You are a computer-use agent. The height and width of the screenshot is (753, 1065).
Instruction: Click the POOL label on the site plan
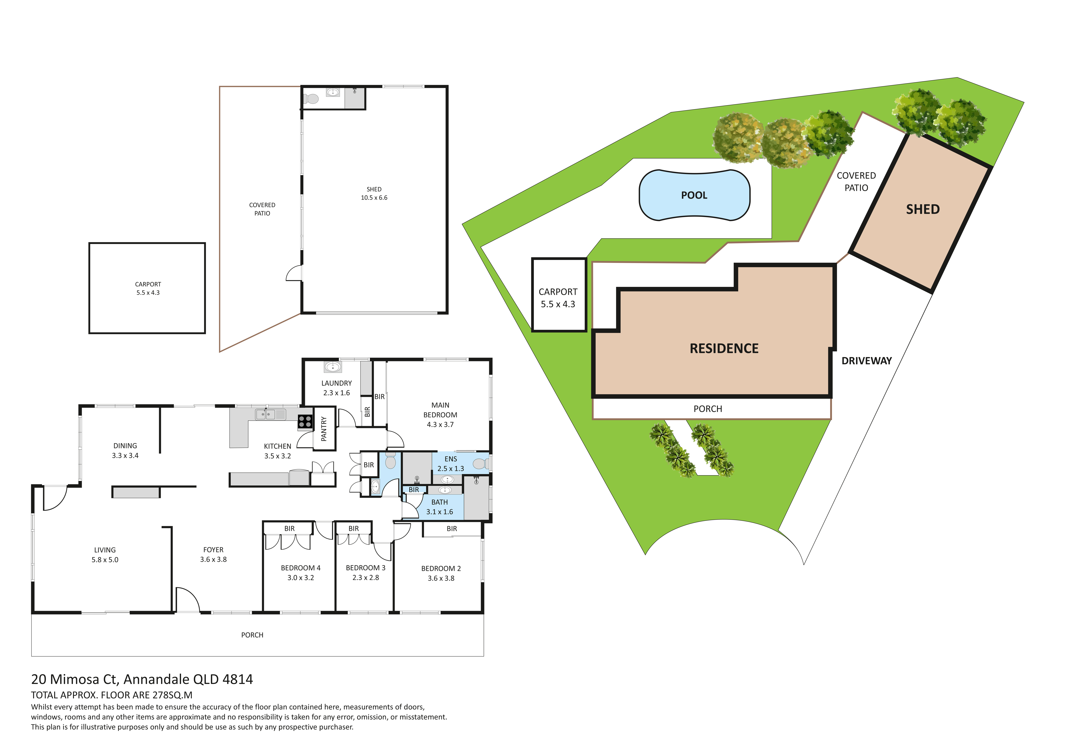point(694,195)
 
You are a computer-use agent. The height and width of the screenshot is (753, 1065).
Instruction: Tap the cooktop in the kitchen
point(305,421)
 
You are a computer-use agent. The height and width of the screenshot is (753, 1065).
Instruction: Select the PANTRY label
point(324,429)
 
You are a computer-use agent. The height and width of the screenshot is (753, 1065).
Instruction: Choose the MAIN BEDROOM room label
point(440,410)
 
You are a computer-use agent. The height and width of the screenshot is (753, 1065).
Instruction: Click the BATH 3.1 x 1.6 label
point(439,507)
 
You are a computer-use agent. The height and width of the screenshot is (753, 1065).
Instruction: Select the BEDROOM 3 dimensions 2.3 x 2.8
point(366,578)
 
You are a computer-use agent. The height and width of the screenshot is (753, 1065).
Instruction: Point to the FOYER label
point(213,550)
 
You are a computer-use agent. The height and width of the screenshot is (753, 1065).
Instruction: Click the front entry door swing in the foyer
point(188,600)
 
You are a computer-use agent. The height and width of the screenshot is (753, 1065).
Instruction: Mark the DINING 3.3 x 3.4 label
point(125,450)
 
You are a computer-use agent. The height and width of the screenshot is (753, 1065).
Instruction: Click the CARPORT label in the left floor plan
point(148,284)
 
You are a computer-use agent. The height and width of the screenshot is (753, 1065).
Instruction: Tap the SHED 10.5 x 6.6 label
point(374,194)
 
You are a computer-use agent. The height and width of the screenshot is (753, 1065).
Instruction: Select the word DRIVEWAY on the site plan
point(866,361)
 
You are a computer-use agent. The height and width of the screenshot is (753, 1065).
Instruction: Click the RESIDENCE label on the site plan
point(724,348)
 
